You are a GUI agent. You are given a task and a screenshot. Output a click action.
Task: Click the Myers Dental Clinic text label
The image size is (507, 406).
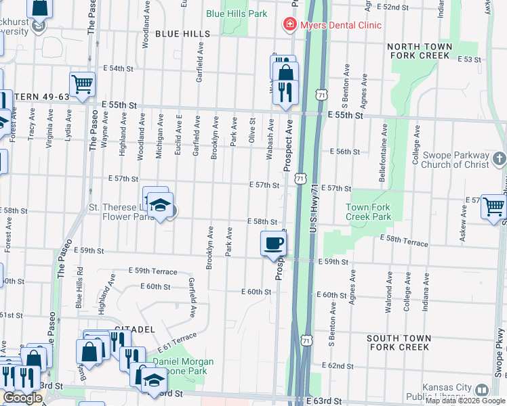[340, 25]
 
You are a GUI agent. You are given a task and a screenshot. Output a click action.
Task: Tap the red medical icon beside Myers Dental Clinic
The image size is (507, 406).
[289, 25]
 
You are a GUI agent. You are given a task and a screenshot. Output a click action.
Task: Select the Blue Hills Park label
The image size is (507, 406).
[237, 14]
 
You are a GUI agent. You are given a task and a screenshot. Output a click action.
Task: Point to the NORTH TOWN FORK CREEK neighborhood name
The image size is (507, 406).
[419, 51]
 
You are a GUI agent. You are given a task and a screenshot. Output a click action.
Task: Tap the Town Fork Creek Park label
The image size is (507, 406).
[369, 212]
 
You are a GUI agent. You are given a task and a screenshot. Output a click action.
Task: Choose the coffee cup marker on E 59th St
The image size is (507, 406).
[273, 244]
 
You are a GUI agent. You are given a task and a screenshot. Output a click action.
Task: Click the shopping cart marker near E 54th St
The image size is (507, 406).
[82, 84]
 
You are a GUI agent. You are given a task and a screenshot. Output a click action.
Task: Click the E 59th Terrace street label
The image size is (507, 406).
[153, 271]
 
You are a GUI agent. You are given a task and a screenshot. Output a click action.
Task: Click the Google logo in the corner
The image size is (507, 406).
[22, 398]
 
